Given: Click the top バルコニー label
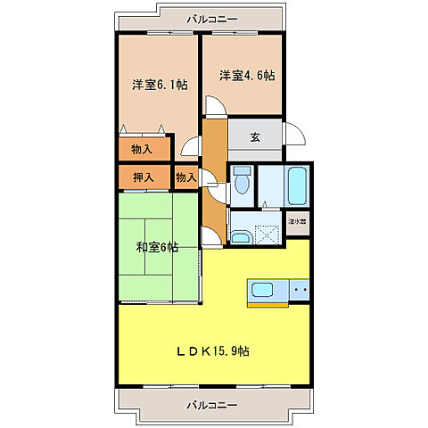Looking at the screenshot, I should tap(212, 17).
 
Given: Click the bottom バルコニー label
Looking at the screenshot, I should tap(212, 405).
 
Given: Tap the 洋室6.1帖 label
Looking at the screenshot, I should tap(160, 85).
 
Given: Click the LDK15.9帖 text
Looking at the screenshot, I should tap(212, 350).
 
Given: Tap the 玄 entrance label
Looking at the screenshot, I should tap(255, 136).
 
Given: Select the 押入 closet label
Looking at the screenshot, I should tap(144, 177).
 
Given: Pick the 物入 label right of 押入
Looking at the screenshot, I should tap(185, 177).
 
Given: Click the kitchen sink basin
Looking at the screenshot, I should tap(266, 290).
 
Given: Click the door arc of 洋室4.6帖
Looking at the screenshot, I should tap(214, 106).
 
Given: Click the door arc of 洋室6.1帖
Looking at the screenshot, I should tap(192, 148).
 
